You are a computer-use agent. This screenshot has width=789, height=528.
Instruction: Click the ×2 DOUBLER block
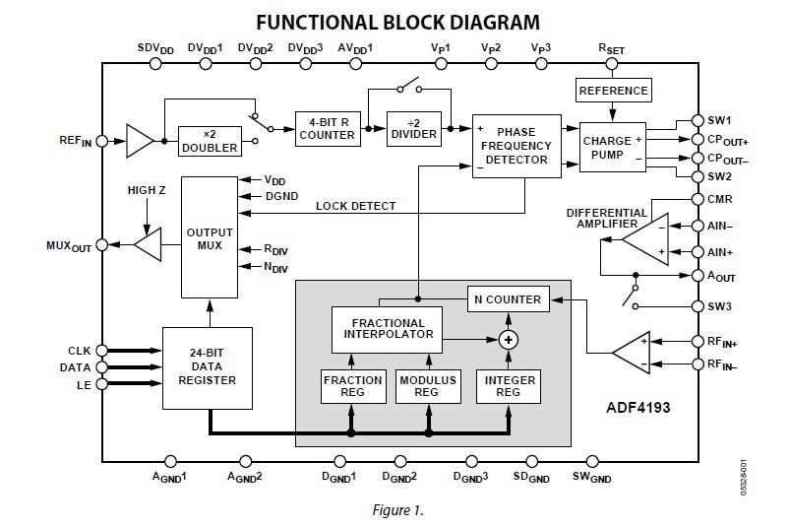(209, 142)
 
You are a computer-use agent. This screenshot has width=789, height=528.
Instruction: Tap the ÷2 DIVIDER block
(412, 129)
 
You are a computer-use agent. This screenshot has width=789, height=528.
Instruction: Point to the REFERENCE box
(612, 91)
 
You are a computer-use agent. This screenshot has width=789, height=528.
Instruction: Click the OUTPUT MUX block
(210, 235)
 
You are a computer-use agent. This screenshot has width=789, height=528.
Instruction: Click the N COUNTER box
(509, 298)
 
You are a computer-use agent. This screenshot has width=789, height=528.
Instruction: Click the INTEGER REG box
(509, 385)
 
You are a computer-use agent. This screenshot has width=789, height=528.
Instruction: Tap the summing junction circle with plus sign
(509, 340)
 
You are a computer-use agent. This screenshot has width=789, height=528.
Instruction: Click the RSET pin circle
(612, 63)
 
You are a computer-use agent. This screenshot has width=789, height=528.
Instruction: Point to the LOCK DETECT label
(356, 206)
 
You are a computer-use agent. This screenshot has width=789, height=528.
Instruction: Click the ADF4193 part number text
(643, 405)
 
